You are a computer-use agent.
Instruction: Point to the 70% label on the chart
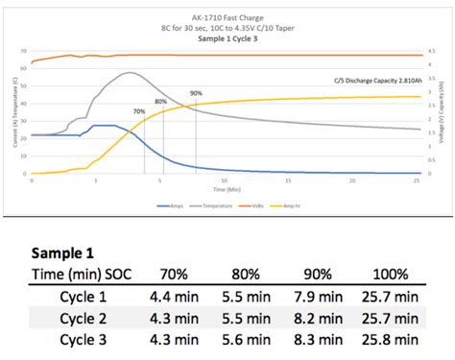click(139, 111)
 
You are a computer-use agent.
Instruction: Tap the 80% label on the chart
click(160, 101)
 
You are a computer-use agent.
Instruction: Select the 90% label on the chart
click(196, 93)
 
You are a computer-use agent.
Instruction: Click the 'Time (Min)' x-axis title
click(227, 189)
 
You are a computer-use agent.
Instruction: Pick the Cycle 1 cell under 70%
click(175, 297)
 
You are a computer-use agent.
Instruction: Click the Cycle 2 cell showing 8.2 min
click(318, 318)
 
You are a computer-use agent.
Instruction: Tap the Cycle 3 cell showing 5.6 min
click(246, 339)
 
